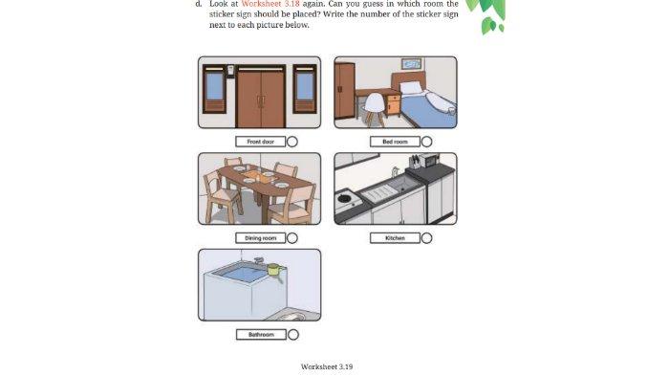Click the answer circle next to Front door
click(x=292, y=142)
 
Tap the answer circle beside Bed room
click(x=426, y=142)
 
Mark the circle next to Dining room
click(x=292, y=238)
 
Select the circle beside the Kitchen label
click(x=426, y=238)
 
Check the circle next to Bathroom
click(x=292, y=335)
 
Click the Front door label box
click(x=260, y=142)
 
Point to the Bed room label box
click(x=395, y=142)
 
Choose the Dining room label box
click(x=260, y=238)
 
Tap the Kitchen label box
click(x=395, y=238)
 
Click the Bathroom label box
click(x=260, y=335)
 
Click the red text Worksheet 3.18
click(x=270, y=4)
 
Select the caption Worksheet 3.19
click(x=327, y=366)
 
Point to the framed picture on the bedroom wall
click(x=412, y=64)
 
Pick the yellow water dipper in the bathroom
click(x=273, y=269)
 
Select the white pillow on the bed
click(x=410, y=87)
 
